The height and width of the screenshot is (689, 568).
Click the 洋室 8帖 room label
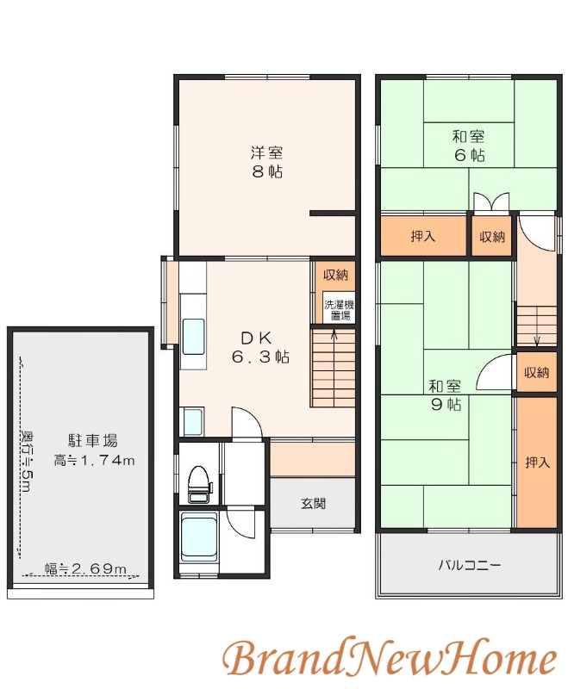(x=266, y=162)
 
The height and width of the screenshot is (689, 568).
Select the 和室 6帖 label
(x=468, y=146)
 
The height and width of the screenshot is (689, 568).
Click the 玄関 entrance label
(x=313, y=504)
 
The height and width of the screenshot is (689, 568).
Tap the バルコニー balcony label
(x=469, y=566)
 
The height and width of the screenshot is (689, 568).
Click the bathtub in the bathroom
(x=199, y=538)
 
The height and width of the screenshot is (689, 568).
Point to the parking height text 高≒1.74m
(x=94, y=461)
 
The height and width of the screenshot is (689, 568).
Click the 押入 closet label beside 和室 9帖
(x=537, y=462)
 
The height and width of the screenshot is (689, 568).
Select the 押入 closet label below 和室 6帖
(x=422, y=236)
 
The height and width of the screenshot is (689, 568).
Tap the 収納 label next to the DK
(x=336, y=276)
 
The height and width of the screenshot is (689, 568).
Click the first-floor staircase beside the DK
(x=333, y=370)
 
